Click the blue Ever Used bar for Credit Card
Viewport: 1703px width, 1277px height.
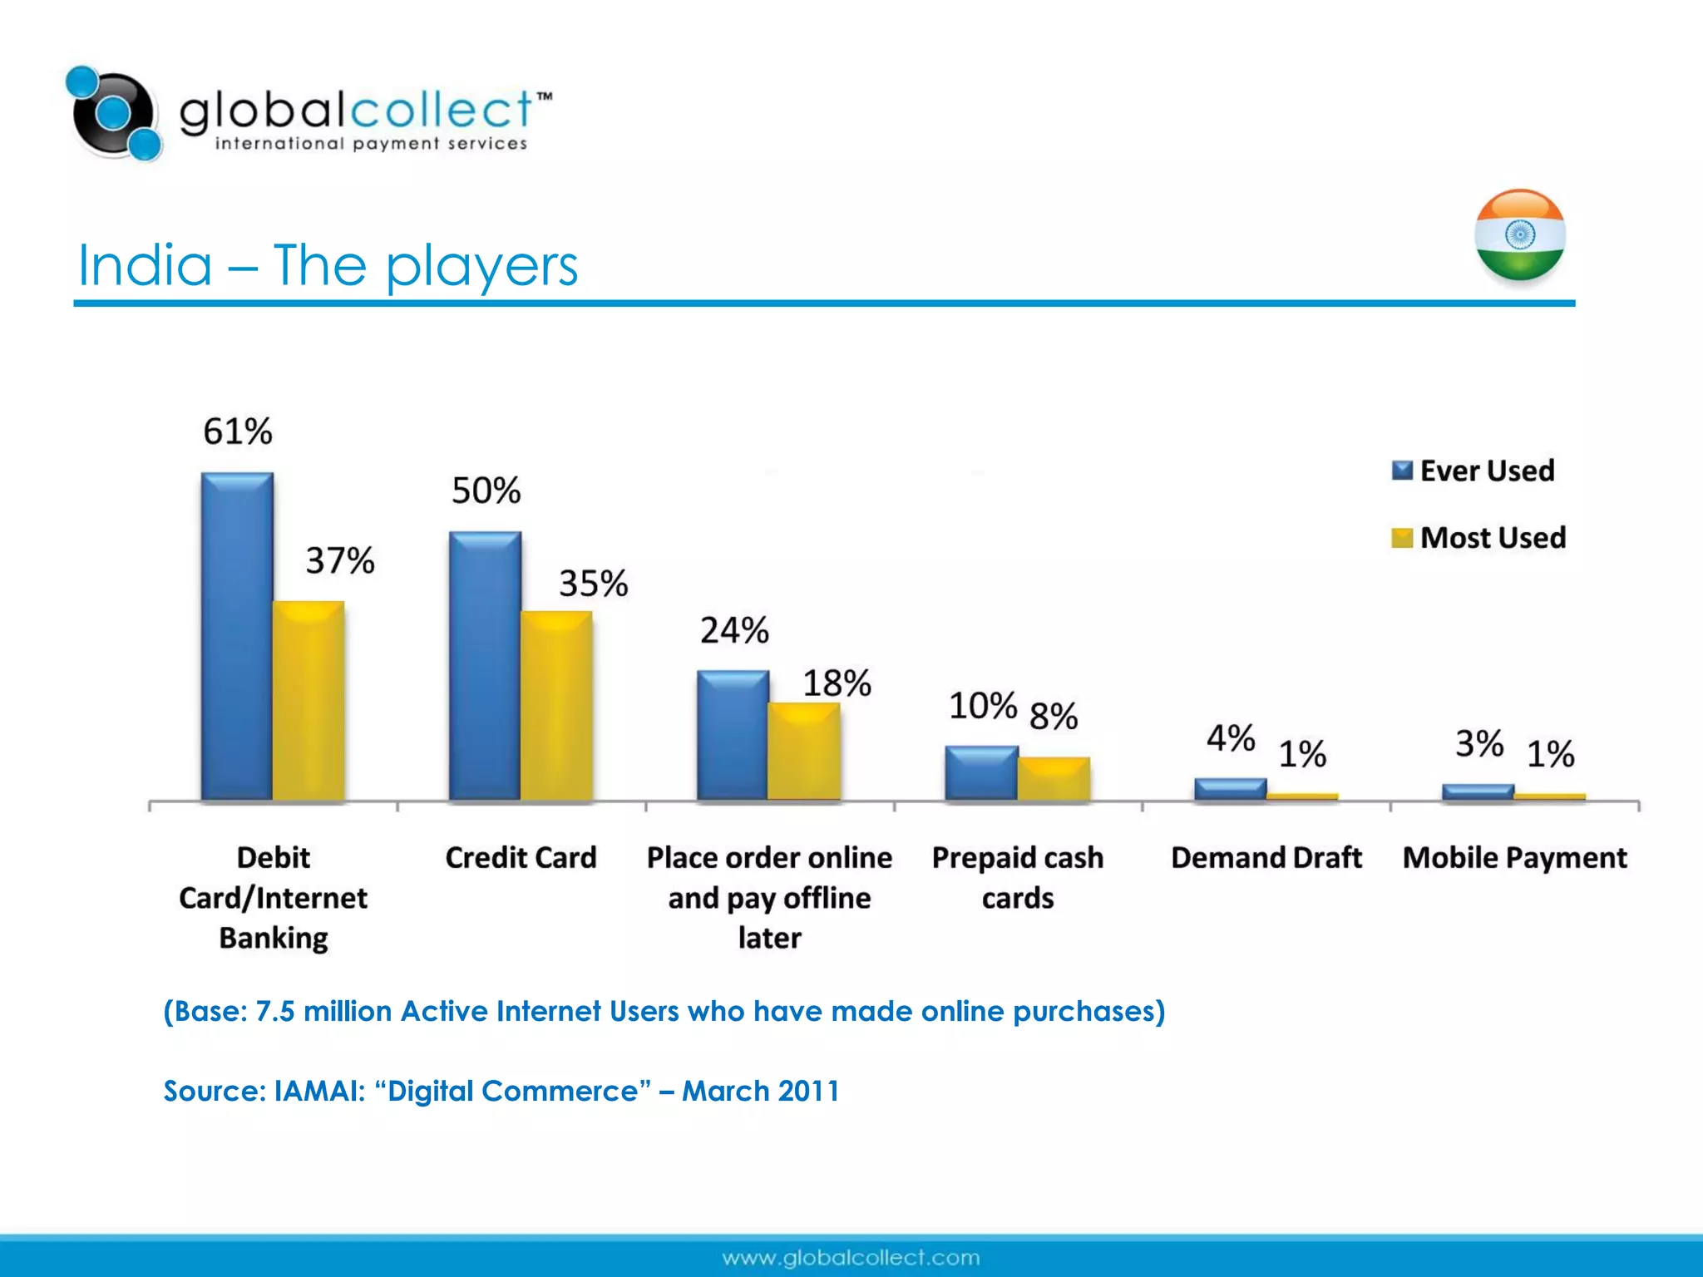[x=485, y=665]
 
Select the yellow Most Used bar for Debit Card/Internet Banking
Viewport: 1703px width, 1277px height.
[x=309, y=700]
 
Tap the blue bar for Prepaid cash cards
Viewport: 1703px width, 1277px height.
[x=981, y=772]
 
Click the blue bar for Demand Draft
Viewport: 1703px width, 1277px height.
[x=1230, y=788]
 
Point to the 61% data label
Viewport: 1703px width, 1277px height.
[x=238, y=431]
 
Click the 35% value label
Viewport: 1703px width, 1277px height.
[x=593, y=584]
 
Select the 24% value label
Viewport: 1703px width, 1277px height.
[x=734, y=630]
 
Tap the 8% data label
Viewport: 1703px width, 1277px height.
[x=1054, y=716]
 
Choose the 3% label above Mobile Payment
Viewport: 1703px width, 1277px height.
[x=1479, y=743]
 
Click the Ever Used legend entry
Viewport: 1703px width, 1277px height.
[x=1473, y=471]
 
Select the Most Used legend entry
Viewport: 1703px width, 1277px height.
[x=1478, y=538]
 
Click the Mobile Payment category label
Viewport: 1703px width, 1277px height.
[x=1514, y=857]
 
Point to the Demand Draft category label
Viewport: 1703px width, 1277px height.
[x=1266, y=857]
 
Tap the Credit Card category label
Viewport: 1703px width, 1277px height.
[x=521, y=857]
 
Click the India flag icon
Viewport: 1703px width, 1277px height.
[x=1519, y=235]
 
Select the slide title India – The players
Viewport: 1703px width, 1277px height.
[x=328, y=266]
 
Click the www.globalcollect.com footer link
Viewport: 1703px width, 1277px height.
[x=851, y=1258]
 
